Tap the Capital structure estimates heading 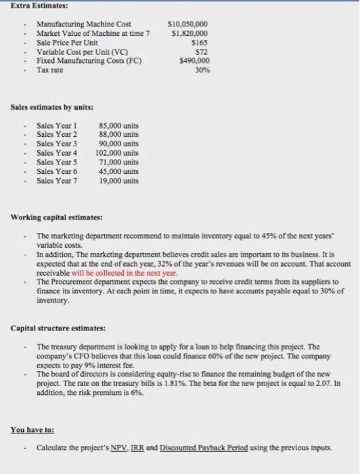58,328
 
